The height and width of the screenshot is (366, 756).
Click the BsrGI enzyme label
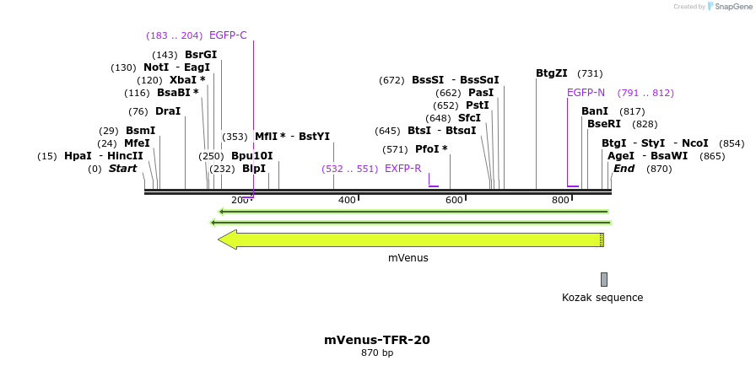point(201,55)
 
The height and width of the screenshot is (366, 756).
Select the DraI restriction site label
point(167,111)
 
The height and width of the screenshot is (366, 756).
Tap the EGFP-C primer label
point(228,35)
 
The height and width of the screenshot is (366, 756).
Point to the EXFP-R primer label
point(402,169)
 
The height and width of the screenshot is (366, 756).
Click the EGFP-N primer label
point(586,93)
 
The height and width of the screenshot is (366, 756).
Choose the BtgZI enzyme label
point(552,73)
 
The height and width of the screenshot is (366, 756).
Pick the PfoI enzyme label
point(431,149)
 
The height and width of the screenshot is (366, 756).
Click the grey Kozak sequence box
point(604,279)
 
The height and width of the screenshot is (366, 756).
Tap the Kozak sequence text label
point(602,298)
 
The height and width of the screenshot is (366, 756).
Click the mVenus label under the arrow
point(408,257)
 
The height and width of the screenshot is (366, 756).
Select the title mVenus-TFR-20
point(377,340)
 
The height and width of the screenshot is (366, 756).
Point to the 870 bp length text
point(377,353)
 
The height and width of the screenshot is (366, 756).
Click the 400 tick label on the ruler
point(347,200)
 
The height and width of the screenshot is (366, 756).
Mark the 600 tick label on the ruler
point(454,200)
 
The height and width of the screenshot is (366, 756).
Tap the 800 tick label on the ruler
point(560,200)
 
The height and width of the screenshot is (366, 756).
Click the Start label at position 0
point(122,169)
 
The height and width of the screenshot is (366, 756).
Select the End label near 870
point(624,169)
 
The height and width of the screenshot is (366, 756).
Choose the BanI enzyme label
point(595,111)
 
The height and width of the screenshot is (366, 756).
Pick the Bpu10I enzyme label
point(252,156)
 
